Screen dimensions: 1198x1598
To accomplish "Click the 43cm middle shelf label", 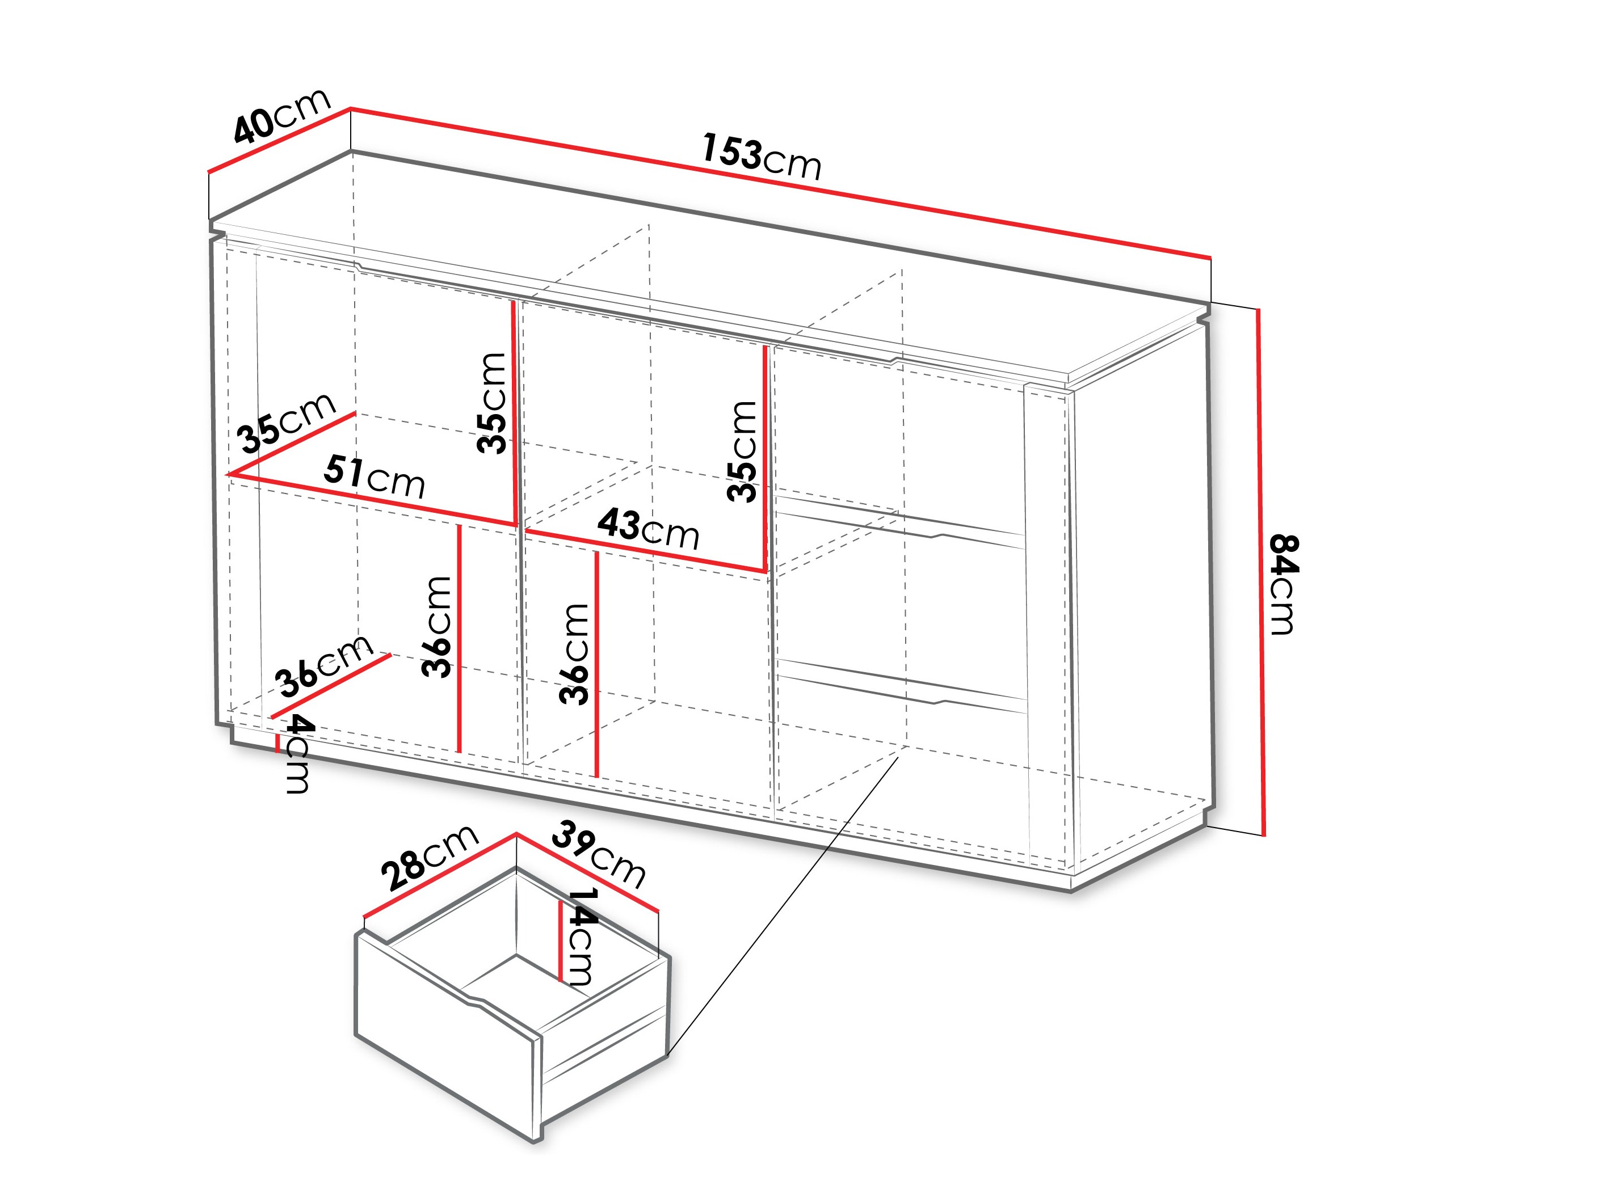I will click(648, 529).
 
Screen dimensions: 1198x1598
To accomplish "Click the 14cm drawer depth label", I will click(582, 936).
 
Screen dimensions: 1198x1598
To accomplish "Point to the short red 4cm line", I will click(277, 743).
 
